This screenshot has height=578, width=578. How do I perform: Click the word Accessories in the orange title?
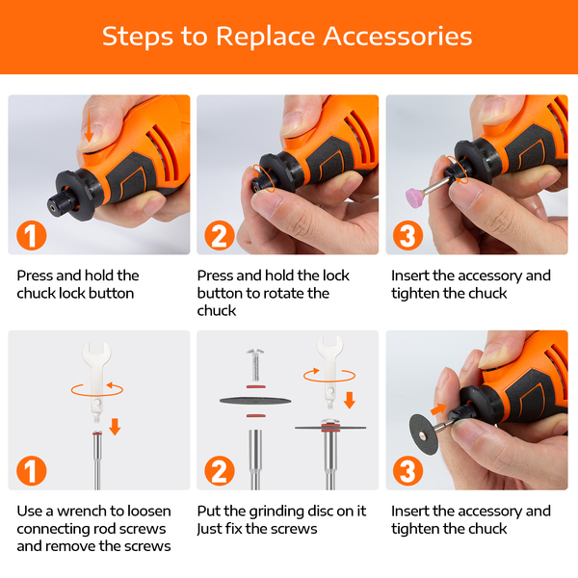pyautogui.click(x=398, y=37)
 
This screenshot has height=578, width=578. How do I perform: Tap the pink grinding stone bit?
pyautogui.click(x=414, y=197)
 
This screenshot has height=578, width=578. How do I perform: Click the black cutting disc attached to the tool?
pyautogui.click(x=424, y=433)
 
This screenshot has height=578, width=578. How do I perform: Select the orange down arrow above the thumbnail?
pyautogui.click(x=89, y=126)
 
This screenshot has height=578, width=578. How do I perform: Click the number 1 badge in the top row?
pyautogui.click(x=32, y=236)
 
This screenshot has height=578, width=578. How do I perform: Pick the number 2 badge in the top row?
pyautogui.click(x=220, y=236)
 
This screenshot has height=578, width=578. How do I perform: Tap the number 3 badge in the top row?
pyautogui.click(x=407, y=236)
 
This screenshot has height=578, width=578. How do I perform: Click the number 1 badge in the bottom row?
pyautogui.click(x=32, y=471)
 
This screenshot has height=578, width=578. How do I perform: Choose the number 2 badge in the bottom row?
pyautogui.click(x=220, y=471)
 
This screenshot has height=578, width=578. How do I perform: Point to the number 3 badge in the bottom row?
pyautogui.click(x=407, y=471)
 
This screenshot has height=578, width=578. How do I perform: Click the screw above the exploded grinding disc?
pyautogui.click(x=255, y=364)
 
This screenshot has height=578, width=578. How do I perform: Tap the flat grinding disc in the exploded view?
pyautogui.click(x=255, y=401)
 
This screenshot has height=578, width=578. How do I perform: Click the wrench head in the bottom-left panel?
pyautogui.click(x=96, y=354)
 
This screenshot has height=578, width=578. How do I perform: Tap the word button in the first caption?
pyautogui.click(x=112, y=294)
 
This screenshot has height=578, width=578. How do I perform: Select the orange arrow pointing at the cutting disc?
pyautogui.click(x=438, y=408)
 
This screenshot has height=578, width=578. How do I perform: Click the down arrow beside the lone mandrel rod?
pyautogui.click(x=115, y=427)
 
